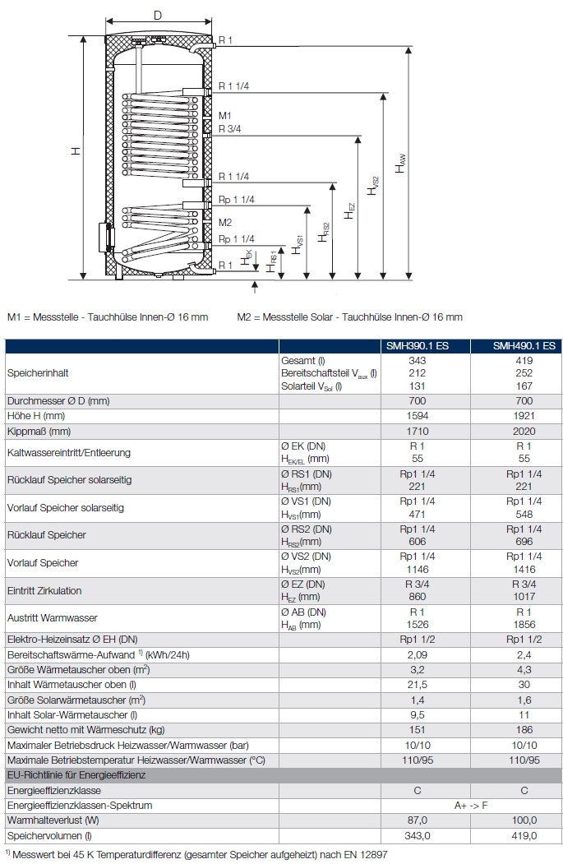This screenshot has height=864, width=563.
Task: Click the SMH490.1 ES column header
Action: point(524,346)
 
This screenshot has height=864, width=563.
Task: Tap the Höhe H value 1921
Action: point(524,416)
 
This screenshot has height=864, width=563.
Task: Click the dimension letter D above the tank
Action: point(158,15)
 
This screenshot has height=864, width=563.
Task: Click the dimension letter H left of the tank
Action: point(75,151)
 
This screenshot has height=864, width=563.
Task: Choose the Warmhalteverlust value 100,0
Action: point(524,820)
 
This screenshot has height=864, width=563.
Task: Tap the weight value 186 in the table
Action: point(524,729)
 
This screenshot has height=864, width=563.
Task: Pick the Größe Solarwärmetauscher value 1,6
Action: point(524,699)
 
